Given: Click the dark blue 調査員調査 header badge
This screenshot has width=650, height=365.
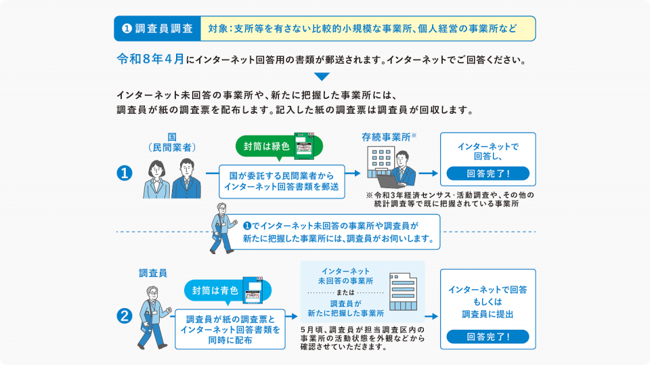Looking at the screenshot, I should point(156,28).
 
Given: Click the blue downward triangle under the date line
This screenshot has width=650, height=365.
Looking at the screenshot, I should point(322,77).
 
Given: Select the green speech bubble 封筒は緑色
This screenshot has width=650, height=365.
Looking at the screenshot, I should point(266,146).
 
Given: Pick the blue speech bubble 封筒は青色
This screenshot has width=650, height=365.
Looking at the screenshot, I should point(215,290).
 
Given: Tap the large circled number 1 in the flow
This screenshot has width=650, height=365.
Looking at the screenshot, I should point(125,173).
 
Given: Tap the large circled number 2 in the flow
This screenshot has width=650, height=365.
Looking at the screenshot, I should point(125,316).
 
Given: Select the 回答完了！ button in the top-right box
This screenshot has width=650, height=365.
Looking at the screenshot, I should point(487,173).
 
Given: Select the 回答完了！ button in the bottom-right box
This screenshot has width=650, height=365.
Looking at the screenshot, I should point(487,335).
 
